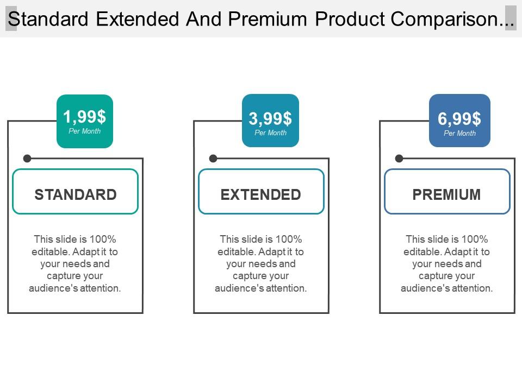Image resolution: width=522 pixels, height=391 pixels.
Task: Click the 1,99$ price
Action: pyautogui.click(x=85, y=117)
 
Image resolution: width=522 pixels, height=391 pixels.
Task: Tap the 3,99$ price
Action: pyautogui.click(x=270, y=118)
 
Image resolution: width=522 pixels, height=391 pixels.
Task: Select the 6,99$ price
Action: pyautogui.click(x=459, y=118)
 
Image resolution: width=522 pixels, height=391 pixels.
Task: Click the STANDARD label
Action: pyautogui.click(x=76, y=194)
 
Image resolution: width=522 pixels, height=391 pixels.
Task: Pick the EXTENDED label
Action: pyautogui.click(x=261, y=194)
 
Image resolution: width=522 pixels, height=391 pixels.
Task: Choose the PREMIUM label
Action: pyautogui.click(x=447, y=194)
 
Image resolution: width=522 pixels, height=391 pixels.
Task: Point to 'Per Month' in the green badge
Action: pyautogui.click(x=85, y=131)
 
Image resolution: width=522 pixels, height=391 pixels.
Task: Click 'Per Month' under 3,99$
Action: pyautogui.click(x=270, y=133)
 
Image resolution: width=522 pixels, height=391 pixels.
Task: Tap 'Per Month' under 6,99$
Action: pyautogui.click(x=460, y=133)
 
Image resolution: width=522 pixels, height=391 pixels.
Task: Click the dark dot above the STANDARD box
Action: pyautogui.click(x=27, y=158)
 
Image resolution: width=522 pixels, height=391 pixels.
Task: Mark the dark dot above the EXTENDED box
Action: pyautogui.click(x=213, y=158)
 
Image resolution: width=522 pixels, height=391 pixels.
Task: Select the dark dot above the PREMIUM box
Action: pyautogui.click(x=399, y=158)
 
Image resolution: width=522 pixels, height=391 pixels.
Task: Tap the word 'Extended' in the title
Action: pyautogui.click(x=138, y=18)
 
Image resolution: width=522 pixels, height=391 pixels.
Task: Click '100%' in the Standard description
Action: pyautogui.click(x=103, y=239)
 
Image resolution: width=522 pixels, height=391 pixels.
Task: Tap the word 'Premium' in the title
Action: pyautogui.click(x=268, y=18)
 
